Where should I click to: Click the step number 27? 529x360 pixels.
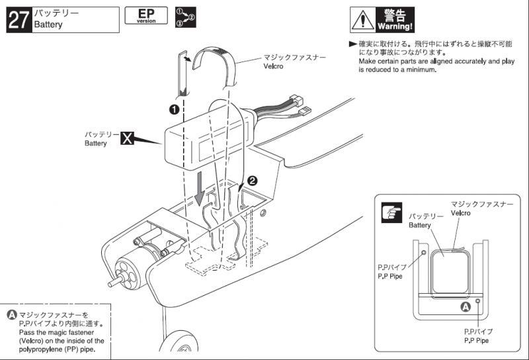(19, 20)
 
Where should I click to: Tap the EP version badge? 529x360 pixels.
(146, 15)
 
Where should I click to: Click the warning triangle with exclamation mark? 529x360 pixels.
(362, 20)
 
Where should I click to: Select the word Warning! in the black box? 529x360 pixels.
(395, 26)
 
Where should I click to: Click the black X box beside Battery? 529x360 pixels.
(127, 138)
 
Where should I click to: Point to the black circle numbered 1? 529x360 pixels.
(174, 109)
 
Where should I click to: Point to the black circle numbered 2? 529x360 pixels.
(253, 181)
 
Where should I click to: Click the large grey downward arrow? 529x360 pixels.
(200, 189)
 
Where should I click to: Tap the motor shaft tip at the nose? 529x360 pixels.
(110, 284)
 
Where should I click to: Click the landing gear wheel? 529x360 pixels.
(179, 345)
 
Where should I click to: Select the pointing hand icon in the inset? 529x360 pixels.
(391, 212)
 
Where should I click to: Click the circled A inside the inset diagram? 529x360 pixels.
(466, 307)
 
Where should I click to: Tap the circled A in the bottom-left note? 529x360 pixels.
(12, 315)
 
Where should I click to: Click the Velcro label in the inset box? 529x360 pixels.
(460, 213)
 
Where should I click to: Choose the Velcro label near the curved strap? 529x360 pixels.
(273, 66)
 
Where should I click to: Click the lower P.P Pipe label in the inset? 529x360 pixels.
(476, 340)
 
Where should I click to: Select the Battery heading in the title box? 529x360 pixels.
(48, 24)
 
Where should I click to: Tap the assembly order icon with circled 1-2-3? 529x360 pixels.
(186, 17)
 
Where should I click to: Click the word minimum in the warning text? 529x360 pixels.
(420, 70)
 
